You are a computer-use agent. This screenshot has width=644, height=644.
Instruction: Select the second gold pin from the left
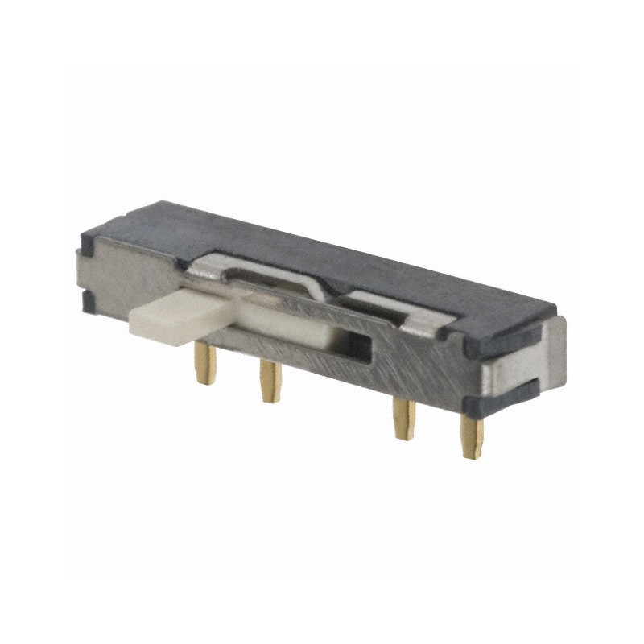(269, 380)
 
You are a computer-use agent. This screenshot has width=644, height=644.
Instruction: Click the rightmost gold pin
(470, 436)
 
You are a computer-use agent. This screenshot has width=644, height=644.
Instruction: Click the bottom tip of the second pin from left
(266, 397)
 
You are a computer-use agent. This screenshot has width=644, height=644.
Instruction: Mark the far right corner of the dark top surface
(555, 309)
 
